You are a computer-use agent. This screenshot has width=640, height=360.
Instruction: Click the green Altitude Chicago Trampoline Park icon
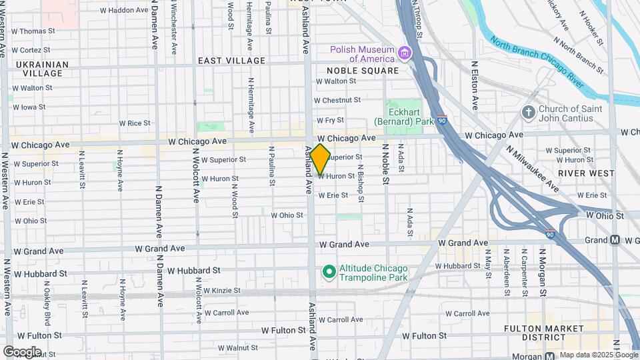pos(328,271)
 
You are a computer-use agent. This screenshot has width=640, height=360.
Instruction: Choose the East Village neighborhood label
pos(231,61)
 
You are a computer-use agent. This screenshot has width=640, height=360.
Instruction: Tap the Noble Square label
pos(362,70)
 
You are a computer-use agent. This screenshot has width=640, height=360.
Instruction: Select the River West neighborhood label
pos(586,173)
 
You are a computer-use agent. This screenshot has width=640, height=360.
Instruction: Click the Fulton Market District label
pos(554,333)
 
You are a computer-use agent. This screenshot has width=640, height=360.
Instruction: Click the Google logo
pos(21,351)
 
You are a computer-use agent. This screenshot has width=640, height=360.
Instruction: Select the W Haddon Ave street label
pos(123,11)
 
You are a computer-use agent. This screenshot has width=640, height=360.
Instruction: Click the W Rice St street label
pos(134,123)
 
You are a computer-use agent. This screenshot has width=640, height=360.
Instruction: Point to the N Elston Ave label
pos(474,86)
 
